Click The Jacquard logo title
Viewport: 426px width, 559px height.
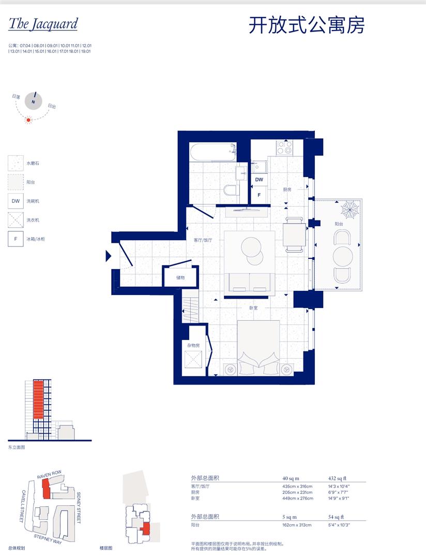click(43, 24)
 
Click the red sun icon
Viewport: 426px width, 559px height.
click(29, 120)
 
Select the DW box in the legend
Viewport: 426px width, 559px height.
click(16, 201)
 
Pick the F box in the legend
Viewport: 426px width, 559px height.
click(16, 239)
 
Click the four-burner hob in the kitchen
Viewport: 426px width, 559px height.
click(284, 148)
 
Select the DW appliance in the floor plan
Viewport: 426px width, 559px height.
click(259, 180)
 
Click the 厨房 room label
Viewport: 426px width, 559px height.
click(287, 190)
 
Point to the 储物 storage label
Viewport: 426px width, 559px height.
click(180, 277)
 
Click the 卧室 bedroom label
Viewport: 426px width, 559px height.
click(253, 308)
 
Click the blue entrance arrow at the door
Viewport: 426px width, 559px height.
click(108, 256)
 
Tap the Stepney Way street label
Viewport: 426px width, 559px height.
click(48, 538)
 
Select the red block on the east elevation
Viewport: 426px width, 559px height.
click(38, 400)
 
